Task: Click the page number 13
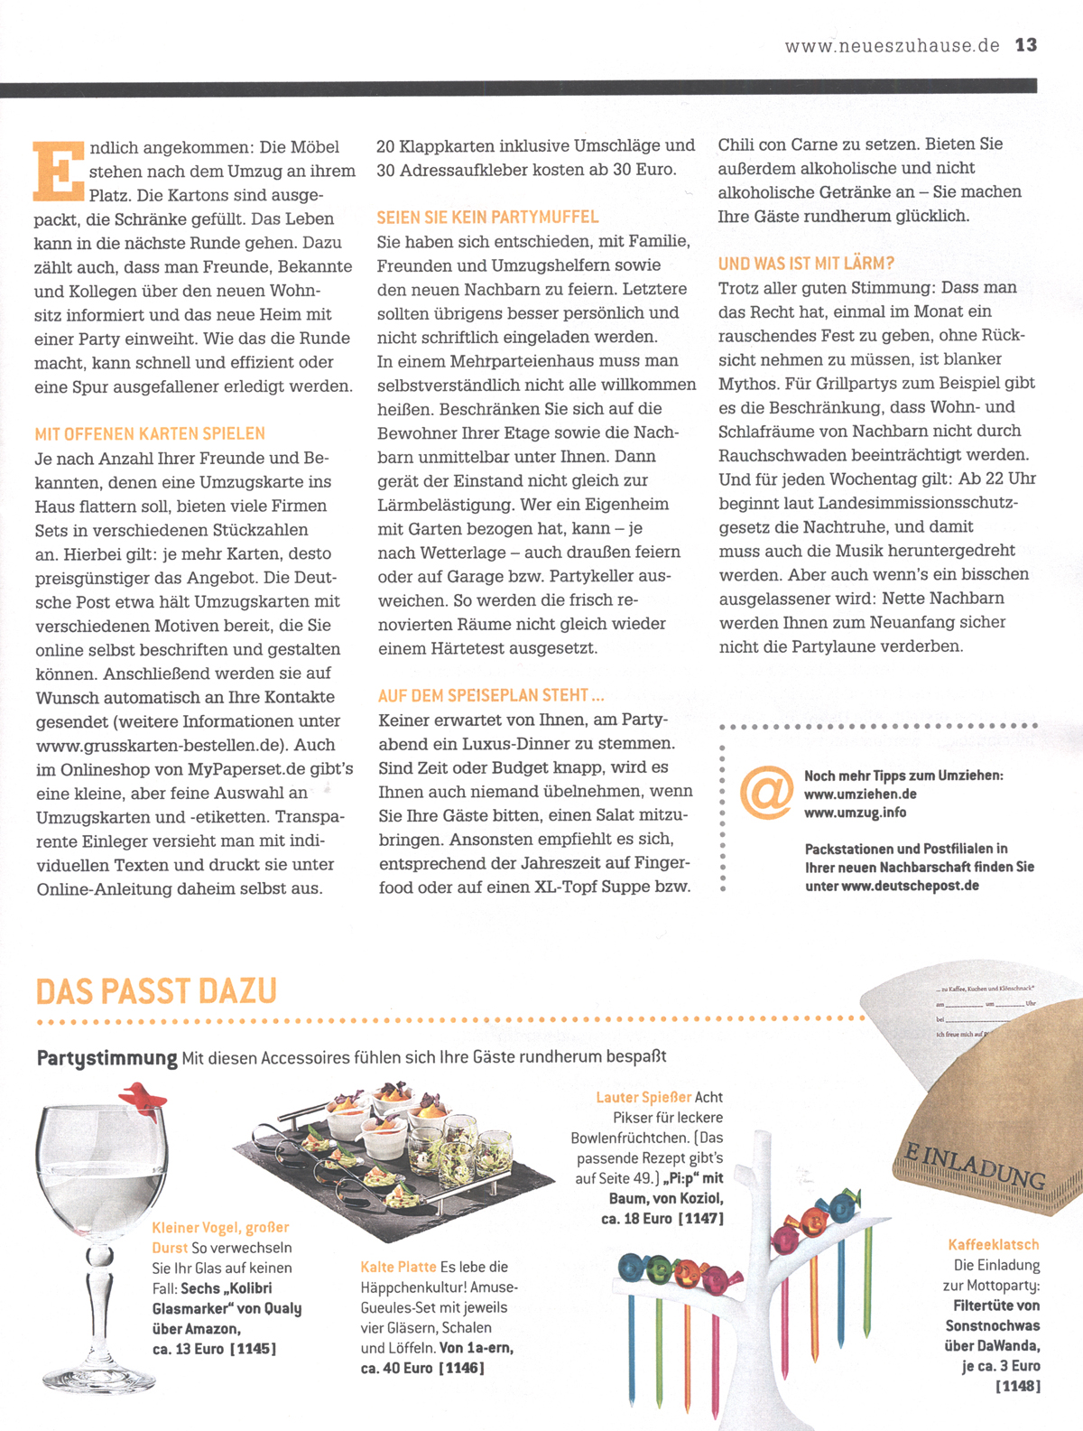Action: point(1026,45)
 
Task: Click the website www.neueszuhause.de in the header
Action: point(892,46)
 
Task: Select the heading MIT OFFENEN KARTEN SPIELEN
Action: point(150,434)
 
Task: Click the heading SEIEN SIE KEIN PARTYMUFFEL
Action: point(487,218)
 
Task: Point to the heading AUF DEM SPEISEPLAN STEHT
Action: point(490,696)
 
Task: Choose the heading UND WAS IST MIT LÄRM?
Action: point(806,264)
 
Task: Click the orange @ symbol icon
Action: point(766,792)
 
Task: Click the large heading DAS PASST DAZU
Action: point(156,991)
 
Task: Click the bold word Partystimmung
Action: point(106,1057)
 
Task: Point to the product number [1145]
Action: point(253,1349)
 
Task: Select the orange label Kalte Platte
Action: point(398,1268)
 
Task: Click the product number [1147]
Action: point(700,1219)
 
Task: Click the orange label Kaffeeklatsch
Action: point(994,1245)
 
